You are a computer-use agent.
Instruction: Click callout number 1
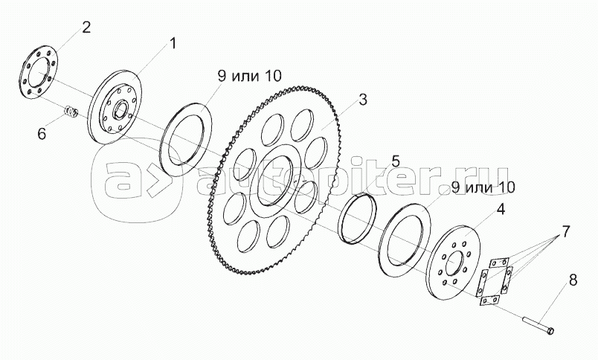[173, 43]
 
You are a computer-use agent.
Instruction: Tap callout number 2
[86, 28]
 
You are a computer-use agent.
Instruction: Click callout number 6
[42, 134]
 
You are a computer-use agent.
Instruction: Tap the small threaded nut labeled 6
[72, 113]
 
